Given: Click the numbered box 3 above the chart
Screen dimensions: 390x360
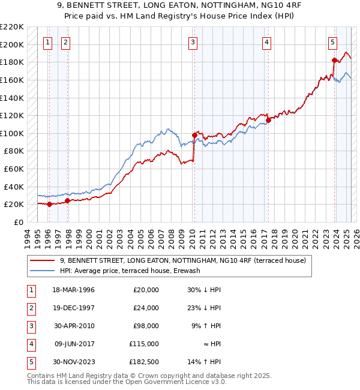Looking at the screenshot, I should point(193,42).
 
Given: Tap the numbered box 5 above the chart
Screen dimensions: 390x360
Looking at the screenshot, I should point(332,42).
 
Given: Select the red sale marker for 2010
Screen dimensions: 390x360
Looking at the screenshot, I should point(194,135).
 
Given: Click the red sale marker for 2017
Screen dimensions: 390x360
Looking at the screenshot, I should point(269,120).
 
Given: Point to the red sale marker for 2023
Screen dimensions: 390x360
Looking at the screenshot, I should point(335,60).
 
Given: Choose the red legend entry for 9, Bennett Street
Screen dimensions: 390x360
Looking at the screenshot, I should point(183,260).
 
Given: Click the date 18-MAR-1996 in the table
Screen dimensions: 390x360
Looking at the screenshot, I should point(74,290).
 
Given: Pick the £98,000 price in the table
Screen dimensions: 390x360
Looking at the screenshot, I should point(146,326).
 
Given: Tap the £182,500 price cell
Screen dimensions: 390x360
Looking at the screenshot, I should point(144,362).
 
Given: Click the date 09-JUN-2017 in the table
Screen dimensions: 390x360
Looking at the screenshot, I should point(74,344).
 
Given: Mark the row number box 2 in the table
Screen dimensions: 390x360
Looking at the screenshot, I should point(31,308).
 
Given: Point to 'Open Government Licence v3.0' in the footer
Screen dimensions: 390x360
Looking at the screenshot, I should point(176,382).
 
